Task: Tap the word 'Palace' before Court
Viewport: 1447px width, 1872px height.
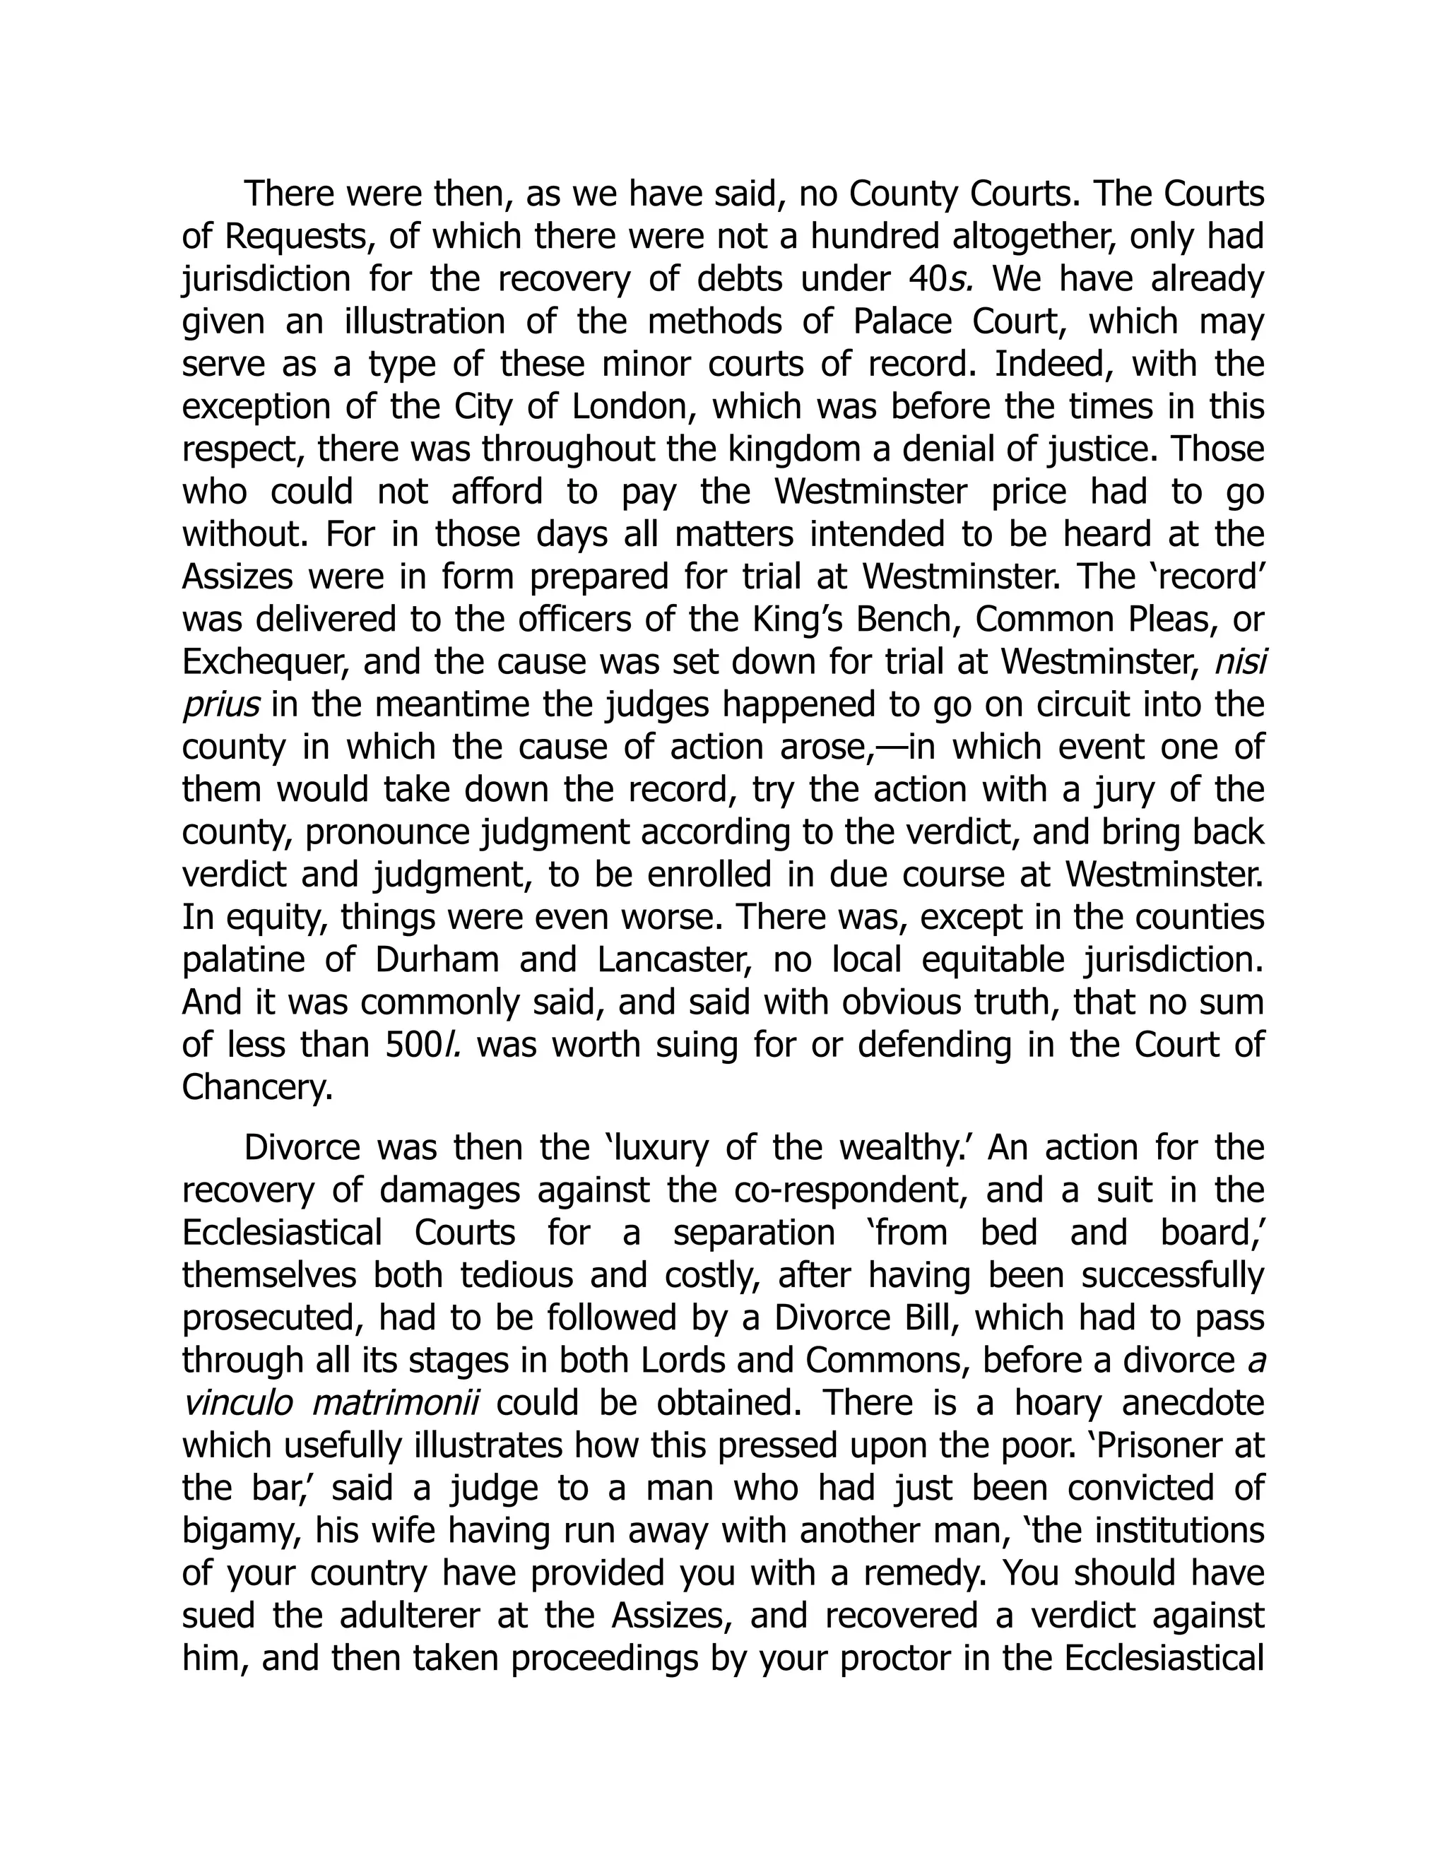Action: coord(903,322)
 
